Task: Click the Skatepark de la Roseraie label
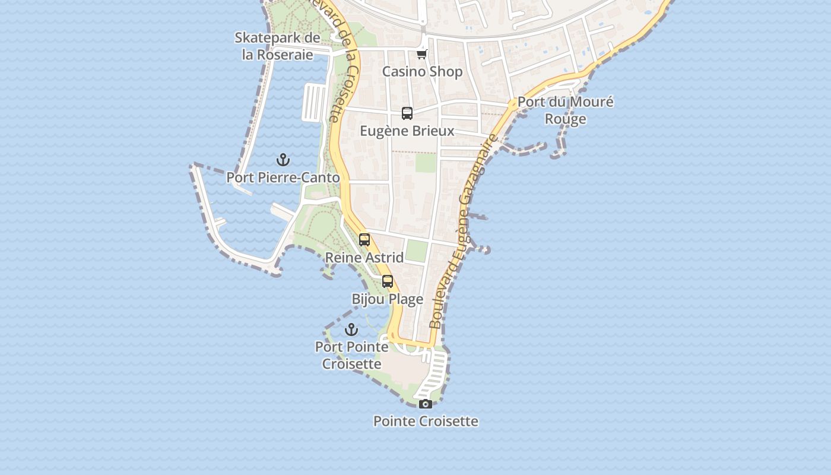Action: (277, 46)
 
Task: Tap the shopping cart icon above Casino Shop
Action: (421, 55)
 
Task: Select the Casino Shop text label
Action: (422, 72)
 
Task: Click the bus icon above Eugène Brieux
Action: (407, 113)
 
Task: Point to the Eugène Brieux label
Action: (407, 131)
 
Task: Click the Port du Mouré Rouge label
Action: (565, 110)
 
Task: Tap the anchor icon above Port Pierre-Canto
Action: (283, 160)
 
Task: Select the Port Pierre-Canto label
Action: (283, 177)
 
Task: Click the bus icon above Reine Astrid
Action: (364, 240)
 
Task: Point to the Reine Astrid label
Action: (364, 257)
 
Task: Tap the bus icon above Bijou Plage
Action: (388, 281)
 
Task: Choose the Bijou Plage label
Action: (388, 299)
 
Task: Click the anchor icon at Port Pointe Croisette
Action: (352, 330)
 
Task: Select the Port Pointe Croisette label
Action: (352, 354)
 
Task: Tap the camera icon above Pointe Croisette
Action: (426, 404)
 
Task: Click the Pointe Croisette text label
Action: (426, 421)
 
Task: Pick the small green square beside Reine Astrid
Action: (417, 251)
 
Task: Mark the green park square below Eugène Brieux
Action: (426, 163)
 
